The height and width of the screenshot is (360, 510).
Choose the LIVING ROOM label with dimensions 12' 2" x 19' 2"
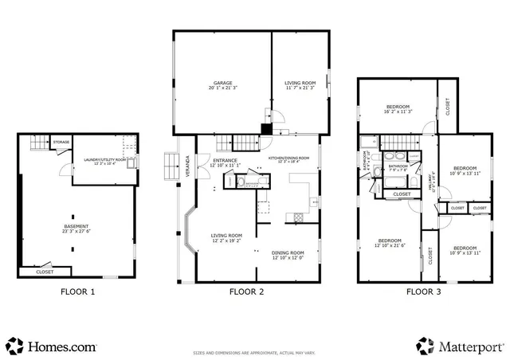pyautogui.click(x=226, y=237)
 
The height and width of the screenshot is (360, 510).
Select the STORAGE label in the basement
pyautogui.click(x=61, y=142)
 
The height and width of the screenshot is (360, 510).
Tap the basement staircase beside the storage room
pyautogui.click(x=40, y=144)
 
